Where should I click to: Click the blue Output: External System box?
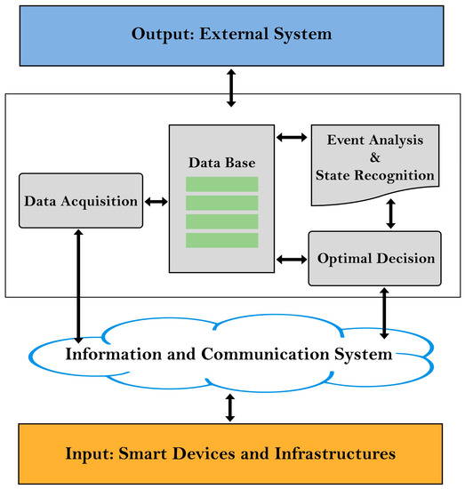pyautogui.click(x=232, y=35)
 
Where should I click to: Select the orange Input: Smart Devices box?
pyautogui.click(x=232, y=453)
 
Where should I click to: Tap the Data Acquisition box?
pyautogui.click(x=79, y=201)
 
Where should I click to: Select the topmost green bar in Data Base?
pyautogui.click(x=221, y=184)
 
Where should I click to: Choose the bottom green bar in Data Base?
pyautogui.click(x=221, y=240)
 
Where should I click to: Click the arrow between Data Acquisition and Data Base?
pyautogui.click(x=156, y=202)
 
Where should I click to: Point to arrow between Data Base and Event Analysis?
pyautogui.click(x=291, y=138)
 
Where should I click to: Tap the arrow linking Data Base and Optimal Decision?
pyautogui.click(x=291, y=260)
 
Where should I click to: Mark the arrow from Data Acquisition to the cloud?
pyautogui.click(x=79, y=284)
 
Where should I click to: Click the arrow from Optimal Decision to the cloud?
pyautogui.click(x=383, y=312)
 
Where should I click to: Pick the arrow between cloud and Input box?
pyautogui.click(x=231, y=407)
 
